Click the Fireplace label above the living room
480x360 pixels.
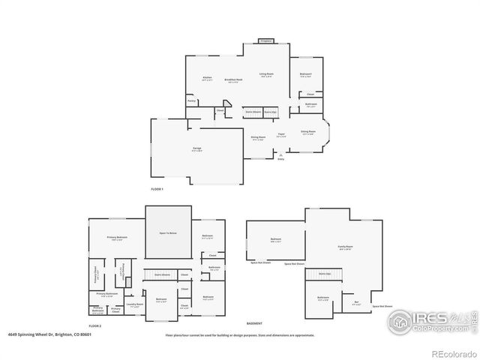tap(265, 40)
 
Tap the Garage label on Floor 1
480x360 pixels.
tap(196, 148)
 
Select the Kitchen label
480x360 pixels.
tap(207, 78)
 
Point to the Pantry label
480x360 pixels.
tap(192, 100)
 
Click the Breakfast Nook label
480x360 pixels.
tap(235, 79)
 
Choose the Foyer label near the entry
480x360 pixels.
tap(281, 135)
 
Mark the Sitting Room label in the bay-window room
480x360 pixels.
tap(308, 132)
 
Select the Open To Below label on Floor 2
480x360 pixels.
tap(168, 234)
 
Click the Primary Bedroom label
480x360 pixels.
tap(117, 238)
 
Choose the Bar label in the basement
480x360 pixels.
tap(356, 302)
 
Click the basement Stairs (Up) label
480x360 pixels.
tap(325, 274)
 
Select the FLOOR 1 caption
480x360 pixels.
tap(157, 189)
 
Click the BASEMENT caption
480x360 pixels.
tap(254, 322)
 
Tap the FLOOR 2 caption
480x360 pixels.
tap(94, 326)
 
